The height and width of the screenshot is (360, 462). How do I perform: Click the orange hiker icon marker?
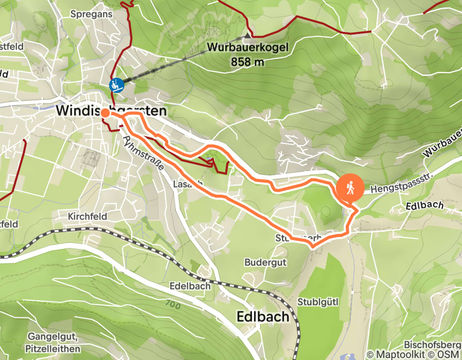pos(350,188)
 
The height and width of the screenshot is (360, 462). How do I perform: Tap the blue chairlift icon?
pos(116,85)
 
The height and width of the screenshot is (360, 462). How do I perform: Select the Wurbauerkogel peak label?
pos(247,48)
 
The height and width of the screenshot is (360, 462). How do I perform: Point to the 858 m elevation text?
pos(247,62)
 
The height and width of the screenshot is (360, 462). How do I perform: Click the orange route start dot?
pos(104,113)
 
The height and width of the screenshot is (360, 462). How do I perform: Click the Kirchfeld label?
pos(87,217)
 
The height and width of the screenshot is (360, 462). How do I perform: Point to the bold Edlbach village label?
pos(262,316)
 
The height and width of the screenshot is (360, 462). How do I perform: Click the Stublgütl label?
pos(317,301)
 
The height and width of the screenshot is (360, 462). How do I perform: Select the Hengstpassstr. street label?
pos(393,189)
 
